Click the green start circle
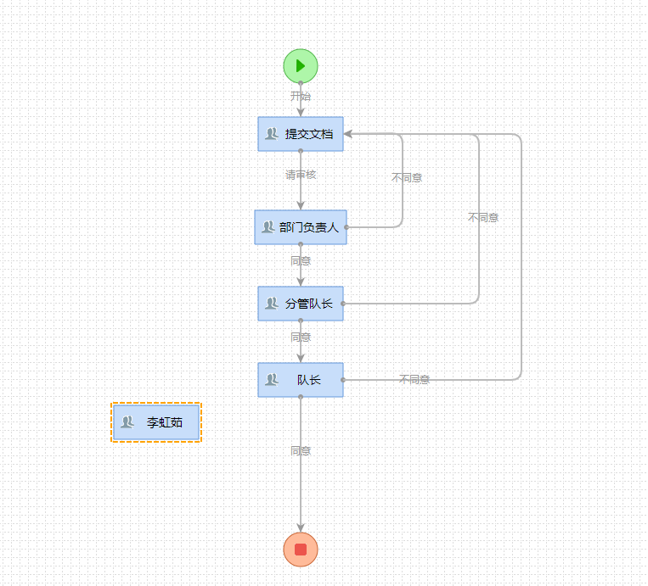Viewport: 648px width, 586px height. [x=301, y=65]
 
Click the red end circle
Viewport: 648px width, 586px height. [x=301, y=549]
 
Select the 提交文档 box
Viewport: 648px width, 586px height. [x=301, y=134]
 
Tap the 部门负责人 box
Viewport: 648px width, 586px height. [x=301, y=227]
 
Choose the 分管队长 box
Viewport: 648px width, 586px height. [x=301, y=304]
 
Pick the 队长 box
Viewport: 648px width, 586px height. [x=301, y=380]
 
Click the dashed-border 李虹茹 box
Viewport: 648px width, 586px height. [x=156, y=422]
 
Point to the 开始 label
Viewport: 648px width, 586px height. [x=301, y=97]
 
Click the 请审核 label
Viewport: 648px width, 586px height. [x=301, y=175]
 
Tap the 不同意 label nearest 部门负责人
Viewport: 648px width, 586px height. [x=407, y=178]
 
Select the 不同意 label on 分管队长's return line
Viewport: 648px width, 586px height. [x=483, y=218]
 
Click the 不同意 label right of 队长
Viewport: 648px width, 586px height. [x=414, y=380]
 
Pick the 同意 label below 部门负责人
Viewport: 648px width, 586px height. [x=301, y=261]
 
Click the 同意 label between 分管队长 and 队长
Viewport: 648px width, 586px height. [x=301, y=338]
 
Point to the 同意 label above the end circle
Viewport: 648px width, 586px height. [x=301, y=451]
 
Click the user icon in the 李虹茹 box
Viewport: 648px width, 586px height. [x=127, y=422]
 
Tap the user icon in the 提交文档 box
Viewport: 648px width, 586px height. [x=272, y=134]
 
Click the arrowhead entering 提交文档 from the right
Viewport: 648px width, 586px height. [x=348, y=134]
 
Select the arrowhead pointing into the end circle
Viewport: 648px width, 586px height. [x=301, y=527]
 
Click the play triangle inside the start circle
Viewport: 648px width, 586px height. [x=301, y=65]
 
